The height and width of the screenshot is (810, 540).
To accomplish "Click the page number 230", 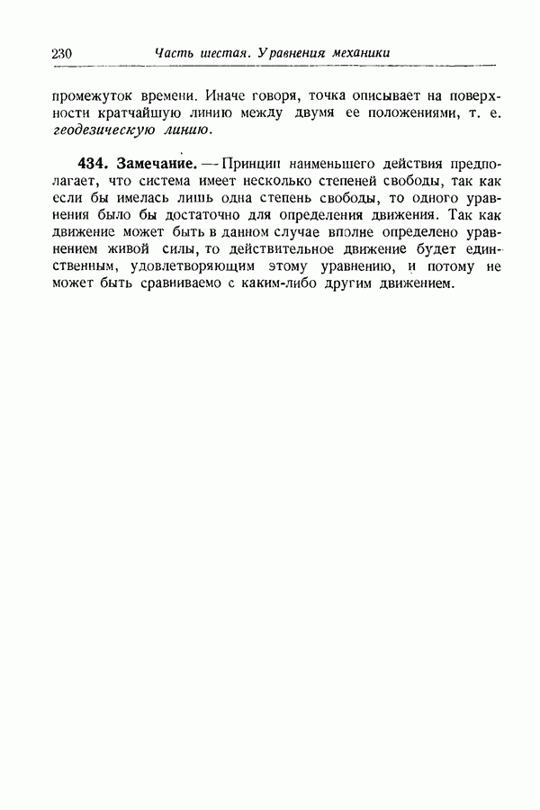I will click(x=62, y=54).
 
